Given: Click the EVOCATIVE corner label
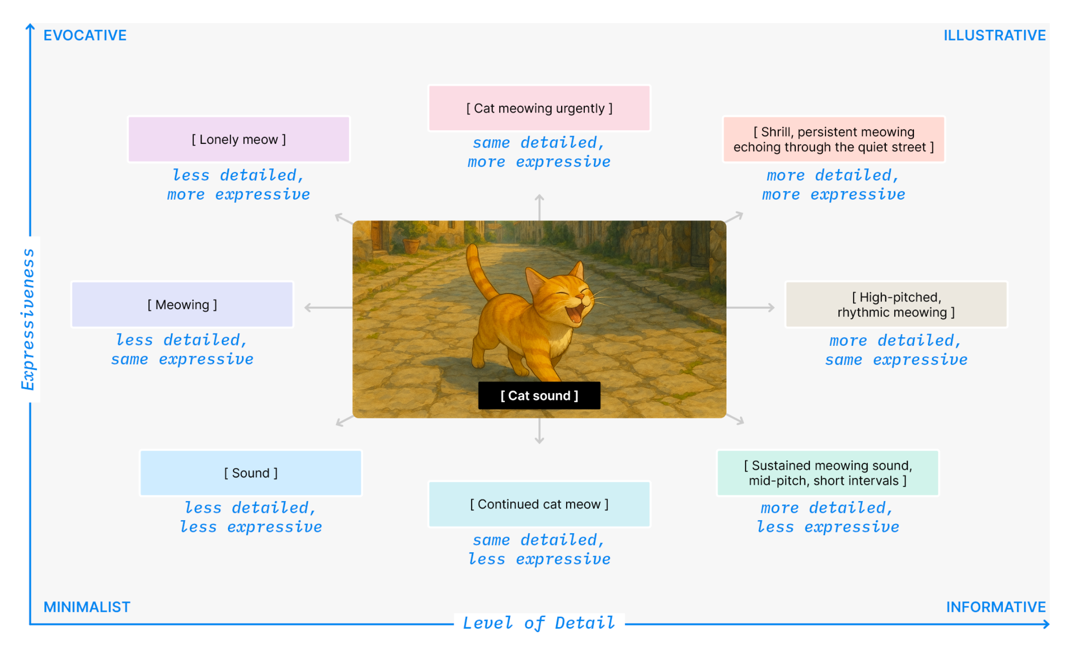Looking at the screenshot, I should [85, 35].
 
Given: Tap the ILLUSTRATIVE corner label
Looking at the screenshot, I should [994, 35].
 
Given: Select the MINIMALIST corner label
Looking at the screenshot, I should [87, 607].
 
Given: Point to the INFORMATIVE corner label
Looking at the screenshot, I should [996, 607].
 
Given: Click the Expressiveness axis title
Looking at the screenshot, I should [28, 319].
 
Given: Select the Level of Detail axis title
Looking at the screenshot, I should [539, 623].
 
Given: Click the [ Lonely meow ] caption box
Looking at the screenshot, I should [239, 139].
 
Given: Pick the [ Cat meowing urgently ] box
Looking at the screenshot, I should [539, 108].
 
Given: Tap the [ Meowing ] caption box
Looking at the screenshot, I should [182, 305].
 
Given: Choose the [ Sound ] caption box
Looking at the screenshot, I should [251, 473].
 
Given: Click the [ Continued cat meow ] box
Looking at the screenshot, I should [539, 504].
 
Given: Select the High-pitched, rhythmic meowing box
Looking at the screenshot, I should [896, 305].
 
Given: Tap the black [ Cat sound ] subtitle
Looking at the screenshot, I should [539, 396].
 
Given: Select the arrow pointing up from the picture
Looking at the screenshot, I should [539, 207].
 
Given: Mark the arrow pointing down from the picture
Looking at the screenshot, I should [539, 431].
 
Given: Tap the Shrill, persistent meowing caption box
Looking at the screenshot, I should [834, 139].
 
